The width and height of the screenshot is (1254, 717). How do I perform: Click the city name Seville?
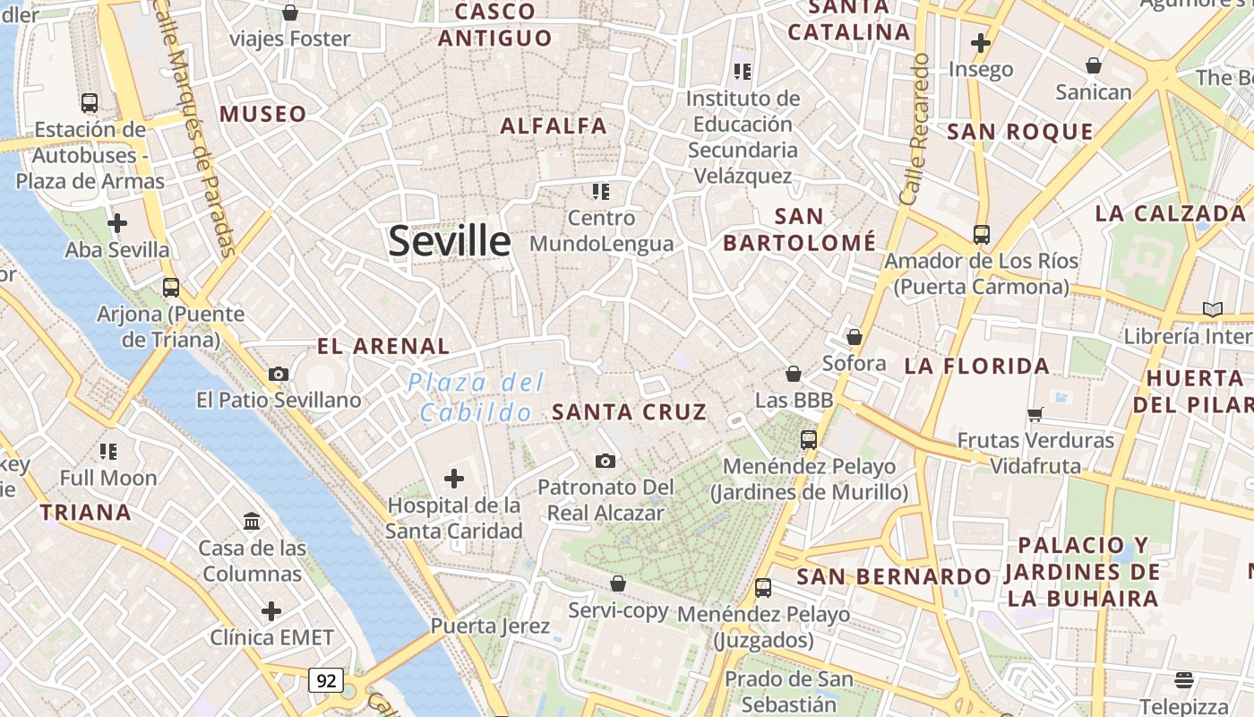450,241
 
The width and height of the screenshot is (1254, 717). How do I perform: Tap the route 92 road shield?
326,680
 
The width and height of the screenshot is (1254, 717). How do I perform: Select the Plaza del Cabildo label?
476,397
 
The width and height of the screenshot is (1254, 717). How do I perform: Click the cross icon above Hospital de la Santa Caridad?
454,479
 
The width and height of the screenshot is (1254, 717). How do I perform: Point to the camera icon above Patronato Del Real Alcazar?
606,461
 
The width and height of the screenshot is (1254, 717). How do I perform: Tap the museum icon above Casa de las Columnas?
252,521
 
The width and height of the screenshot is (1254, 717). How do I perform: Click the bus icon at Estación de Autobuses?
89,102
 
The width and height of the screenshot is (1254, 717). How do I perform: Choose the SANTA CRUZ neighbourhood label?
630,412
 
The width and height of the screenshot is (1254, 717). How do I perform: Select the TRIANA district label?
86,513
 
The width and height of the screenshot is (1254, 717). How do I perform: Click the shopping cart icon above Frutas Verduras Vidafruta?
1035,414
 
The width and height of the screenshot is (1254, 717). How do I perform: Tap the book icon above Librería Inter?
1212,310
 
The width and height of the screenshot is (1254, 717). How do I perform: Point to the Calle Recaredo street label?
918,129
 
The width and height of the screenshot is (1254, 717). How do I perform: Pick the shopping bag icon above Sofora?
855,337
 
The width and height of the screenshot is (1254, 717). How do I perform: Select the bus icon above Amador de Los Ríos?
982,235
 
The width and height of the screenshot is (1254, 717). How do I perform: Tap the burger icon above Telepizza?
1184,680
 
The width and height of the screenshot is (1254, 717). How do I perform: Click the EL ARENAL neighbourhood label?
383,346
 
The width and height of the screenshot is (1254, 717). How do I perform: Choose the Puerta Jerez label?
490,626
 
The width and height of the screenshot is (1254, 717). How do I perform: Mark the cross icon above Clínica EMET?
271,611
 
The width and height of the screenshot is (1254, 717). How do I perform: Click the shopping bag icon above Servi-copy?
618,583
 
